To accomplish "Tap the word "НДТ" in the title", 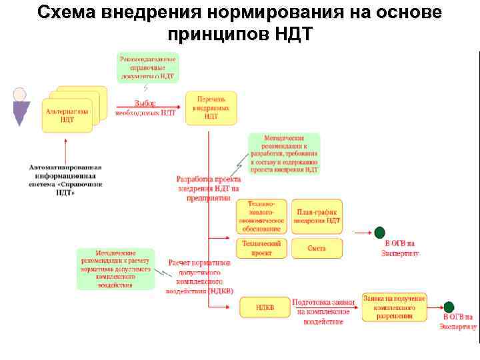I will pos(293,33).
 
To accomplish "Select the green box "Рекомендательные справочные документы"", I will pos(147,67).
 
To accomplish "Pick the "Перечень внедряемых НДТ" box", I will pos(210,107).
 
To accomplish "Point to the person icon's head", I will pos(21,95).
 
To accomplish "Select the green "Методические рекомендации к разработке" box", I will pos(283,153).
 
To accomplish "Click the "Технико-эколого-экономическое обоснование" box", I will pos(261,216).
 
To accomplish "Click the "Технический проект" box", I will pos(261,249).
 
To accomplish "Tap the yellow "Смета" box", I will pos(317,249).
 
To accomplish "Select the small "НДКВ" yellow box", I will pos(264,307).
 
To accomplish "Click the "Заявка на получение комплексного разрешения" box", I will pos(394,307).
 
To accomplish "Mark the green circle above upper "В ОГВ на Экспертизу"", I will pos(380,232).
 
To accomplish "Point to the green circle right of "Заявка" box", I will pos(449,307).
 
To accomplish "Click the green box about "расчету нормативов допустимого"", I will pos(115,269).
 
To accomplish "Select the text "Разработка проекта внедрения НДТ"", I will pos(208,188).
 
